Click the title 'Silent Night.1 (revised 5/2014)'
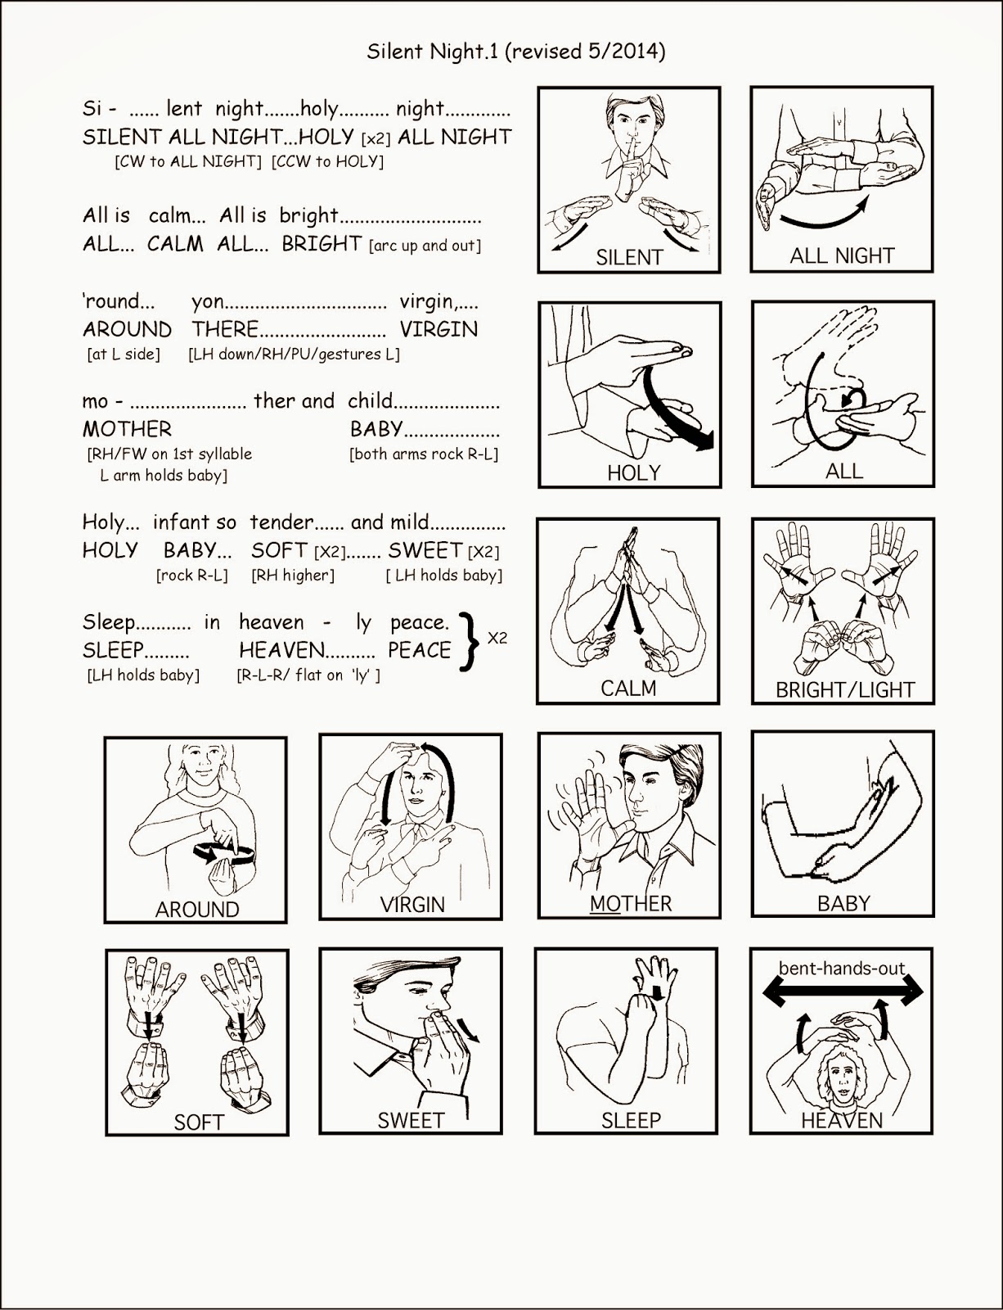pos(515,52)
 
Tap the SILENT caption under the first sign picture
pos(628,257)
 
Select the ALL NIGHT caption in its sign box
pos(842,255)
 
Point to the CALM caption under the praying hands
pos(628,689)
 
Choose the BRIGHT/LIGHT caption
pos(844,690)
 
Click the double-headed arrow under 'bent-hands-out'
pos(843,992)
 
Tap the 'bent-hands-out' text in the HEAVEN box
pos(842,969)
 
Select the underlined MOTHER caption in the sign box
pos(631,903)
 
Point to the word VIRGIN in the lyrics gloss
pos(439,329)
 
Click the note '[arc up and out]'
pos(425,246)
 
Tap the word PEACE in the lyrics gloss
pos(420,650)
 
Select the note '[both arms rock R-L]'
pos(424,454)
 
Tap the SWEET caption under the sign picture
pos(411,1120)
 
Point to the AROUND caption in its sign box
pos(197,909)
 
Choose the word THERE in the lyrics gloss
pos(225,329)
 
